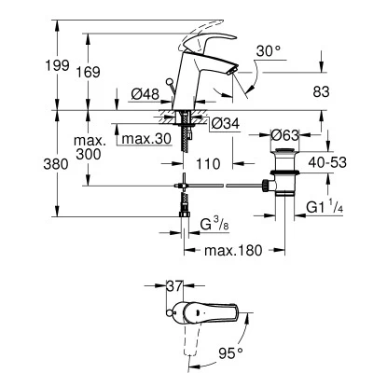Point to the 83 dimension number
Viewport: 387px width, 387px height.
point(348,93)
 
